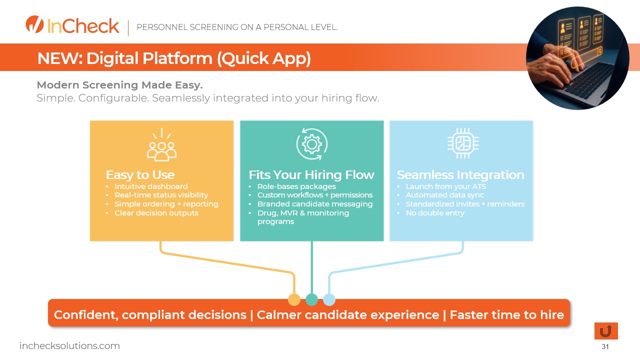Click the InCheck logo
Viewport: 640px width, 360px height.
click(x=72, y=25)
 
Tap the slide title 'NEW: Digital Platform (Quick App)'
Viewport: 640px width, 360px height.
click(x=174, y=58)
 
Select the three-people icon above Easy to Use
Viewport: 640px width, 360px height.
click(x=161, y=144)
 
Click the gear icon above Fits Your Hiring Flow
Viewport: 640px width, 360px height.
click(x=311, y=144)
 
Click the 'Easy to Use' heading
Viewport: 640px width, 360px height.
click(x=140, y=175)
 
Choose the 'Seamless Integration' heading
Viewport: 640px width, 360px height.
click(x=460, y=175)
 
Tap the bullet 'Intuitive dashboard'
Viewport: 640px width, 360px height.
click(x=151, y=186)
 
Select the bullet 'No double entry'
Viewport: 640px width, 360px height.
click(x=435, y=213)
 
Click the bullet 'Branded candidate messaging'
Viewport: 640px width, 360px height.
click(x=315, y=204)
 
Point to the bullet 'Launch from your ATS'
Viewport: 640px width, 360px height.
click(x=446, y=186)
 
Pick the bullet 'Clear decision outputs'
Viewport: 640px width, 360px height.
click(x=156, y=213)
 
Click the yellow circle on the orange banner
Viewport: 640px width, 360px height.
click(x=294, y=299)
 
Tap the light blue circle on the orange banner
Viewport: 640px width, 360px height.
click(x=329, y=299)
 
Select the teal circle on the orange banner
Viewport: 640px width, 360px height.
click(x=311, y=299)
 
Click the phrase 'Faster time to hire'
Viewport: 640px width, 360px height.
click(x=506, y=315)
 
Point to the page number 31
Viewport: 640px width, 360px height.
click(x=605, y=346)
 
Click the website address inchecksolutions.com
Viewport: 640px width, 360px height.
click(x=69, y=345)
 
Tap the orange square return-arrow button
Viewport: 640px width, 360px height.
click(x=606, y=331)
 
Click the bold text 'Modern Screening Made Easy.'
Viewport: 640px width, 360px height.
click(x=119, y=85)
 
